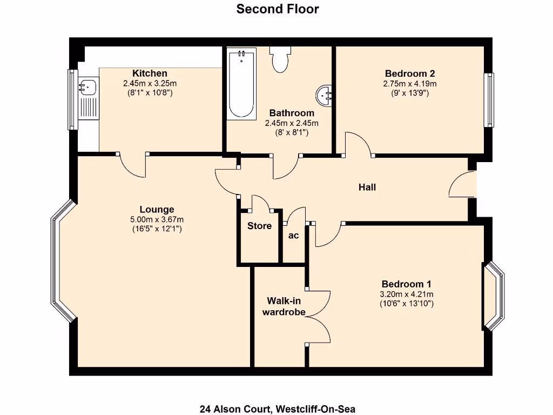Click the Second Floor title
point(278,9)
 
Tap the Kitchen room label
point(150,73)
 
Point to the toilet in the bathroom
point(280,59)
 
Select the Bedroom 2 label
point(410,73)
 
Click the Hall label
point(367,188)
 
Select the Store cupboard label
point(259,226)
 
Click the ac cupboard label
point(294,236)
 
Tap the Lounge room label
point(157,210)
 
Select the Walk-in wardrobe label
point(284,306)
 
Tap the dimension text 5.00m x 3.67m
point(157,219)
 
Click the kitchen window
point(72,99)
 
